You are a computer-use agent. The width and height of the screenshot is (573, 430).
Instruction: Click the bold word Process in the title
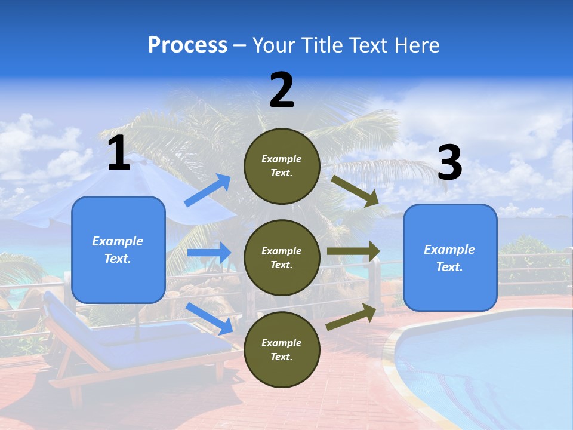pyautogui.click(x=187, y=45)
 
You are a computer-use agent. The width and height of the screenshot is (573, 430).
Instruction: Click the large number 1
pyautogui.click(x=119, y=153)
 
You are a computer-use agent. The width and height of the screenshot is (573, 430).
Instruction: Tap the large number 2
pyautogui.click(x=282, y=90)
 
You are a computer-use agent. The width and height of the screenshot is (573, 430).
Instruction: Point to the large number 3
pyautogui.click(x=449, y=163)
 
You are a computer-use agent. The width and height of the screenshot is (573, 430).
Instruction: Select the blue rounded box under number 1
pyautogui.click(x=118, y=250)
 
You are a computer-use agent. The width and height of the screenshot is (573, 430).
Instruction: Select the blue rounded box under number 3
pyautogui.click(x=450, y=257)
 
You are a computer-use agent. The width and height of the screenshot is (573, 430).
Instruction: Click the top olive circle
pyautogui.click(x=282, y=166)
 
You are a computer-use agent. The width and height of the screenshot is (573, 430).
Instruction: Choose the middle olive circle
pyautogui.click(x=282, y=257)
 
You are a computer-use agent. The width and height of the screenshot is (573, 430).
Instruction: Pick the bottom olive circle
pyautogui.click(x=282, y=349)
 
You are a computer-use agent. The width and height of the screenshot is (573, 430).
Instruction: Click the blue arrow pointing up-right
pyautogui.click(x=208, y=191)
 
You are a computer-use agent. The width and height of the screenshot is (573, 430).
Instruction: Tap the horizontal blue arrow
pyautogui.click(x=209, y=253)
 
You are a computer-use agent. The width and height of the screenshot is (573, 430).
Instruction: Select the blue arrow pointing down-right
pyautogui.click(x=209, y=318)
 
